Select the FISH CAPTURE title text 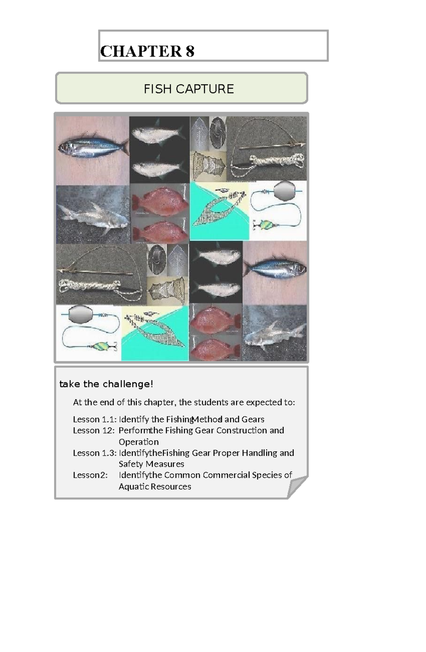(x=189, y=89)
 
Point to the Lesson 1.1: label (x=94, y=419)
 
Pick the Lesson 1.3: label (x=94, y=453)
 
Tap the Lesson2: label (x=90, y=475)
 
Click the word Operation (x=138, y=442)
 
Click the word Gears (x=253, y=419)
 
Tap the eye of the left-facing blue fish (x=66, y=146)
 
